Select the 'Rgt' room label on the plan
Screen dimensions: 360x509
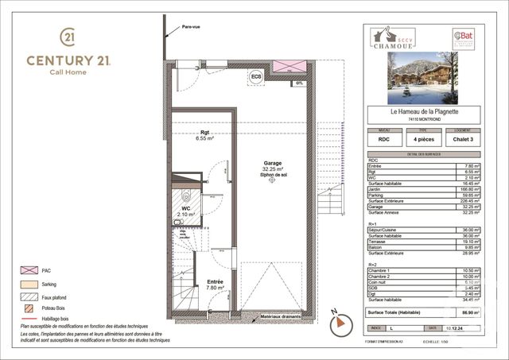[182, 132]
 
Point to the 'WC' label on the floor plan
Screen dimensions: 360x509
[185, 207]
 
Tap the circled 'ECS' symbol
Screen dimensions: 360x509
[256, 77]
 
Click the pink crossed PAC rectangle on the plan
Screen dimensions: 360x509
[289, 66]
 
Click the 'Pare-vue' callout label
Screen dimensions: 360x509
[190, 27]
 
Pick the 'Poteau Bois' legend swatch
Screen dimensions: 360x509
[29, 307]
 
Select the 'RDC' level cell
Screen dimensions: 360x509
[384, 139]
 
